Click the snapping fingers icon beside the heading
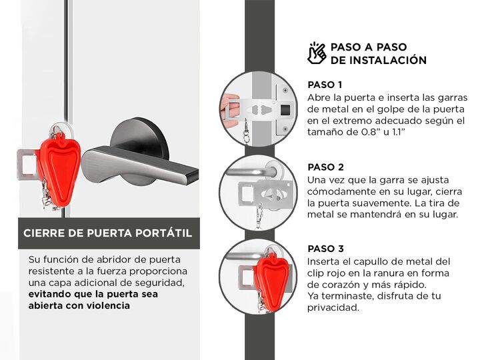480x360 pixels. pyautogui.click(x=317, y=53)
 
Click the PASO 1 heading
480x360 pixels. pyautogui.click(x=325, y=85)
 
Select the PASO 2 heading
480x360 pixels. pyautogui.click(x=326, y=167)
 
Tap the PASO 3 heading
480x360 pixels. pyautogui.click(x=326, y=249)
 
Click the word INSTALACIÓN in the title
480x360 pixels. pyautogui.click(x=388, y=60)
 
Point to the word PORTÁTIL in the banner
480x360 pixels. pyautogui.click(x=164, y=233)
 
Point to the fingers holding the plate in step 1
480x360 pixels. pyautogui.click(x=229, y=111)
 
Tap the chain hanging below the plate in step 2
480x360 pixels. pyautogui.click(x=259, y=216)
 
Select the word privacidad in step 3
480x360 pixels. pyautogui.click(x=333, y=307)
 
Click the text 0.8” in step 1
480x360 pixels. pyautogui.click(x=367, y=132)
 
